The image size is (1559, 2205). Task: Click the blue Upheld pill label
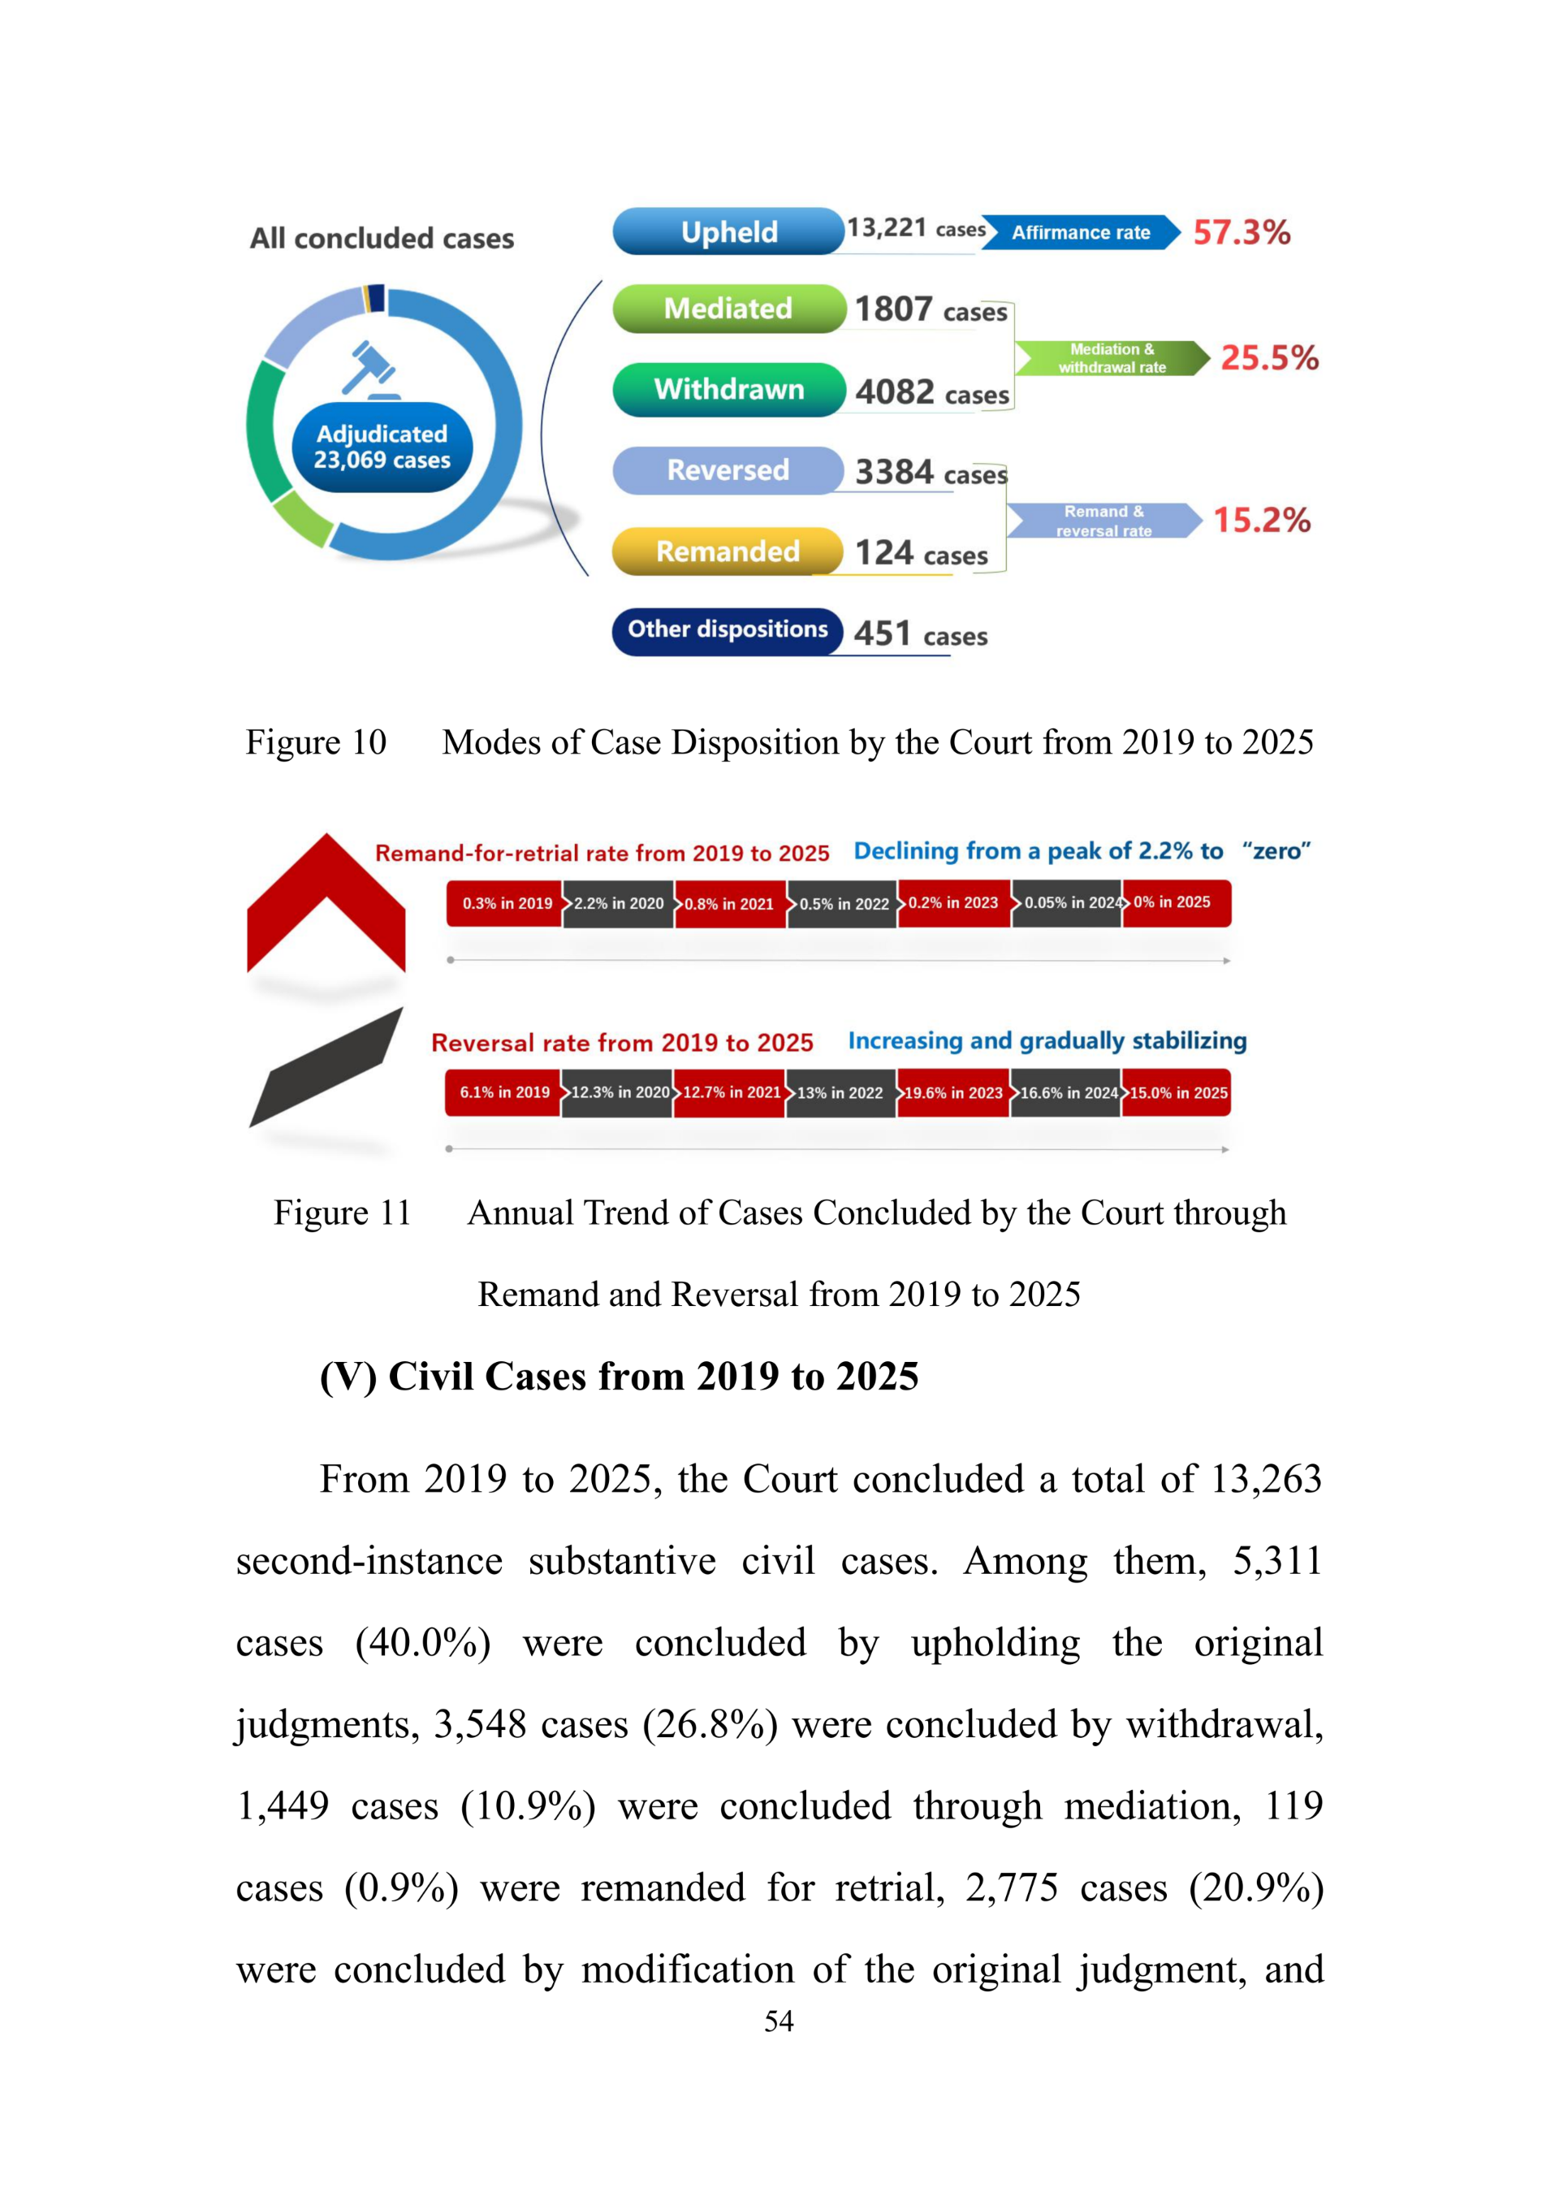coord(728,231)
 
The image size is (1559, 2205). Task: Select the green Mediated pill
coord(728,309)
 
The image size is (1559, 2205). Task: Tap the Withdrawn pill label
coord(728,389)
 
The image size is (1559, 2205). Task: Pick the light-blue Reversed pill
coord(728,469)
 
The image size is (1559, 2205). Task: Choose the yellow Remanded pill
coord(728,551)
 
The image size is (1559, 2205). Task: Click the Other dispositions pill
coord(728,630)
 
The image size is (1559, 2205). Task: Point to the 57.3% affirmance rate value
coord(1242,232)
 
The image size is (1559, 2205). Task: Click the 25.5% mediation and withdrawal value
coord(1269,358)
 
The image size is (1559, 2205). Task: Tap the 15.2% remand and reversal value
coord(1261,521)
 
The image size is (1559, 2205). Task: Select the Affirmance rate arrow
coord(1080,232)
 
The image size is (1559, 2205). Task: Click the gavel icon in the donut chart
coord(369,369)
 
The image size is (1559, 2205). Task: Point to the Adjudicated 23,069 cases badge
coord(382,447)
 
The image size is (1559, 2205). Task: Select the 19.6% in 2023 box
coord(952,1093)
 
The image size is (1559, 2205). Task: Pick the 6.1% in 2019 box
coord(504,1093)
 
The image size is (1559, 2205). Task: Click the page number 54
coord(779,2021)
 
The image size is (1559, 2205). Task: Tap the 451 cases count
coord(920,633)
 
